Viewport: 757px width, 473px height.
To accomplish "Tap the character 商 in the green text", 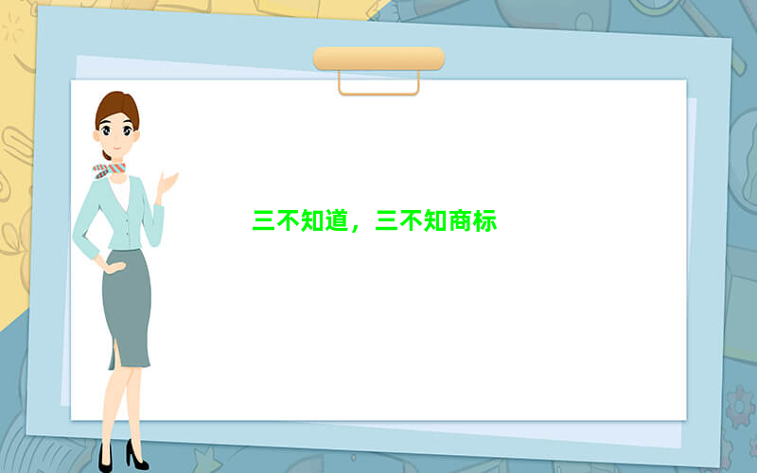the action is [x=461, y=220].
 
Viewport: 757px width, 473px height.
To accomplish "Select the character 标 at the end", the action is [x=485, y=220].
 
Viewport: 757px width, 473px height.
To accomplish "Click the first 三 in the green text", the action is [x=264, y=220].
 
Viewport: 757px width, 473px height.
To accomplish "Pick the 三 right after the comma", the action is [x=387, y=220].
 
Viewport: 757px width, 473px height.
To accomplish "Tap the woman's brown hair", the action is [x=116, y=109].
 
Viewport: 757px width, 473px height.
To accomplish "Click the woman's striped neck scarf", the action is [x=109, y=170].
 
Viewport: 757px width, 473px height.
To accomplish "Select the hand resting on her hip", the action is [x=114, y=267].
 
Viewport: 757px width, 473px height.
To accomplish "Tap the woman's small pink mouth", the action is [x=116, y=148].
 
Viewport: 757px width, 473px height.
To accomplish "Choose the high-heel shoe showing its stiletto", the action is [x=136, y=455].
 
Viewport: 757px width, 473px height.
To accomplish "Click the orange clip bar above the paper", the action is [x=379, y=59].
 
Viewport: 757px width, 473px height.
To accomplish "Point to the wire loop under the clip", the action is [x=379, y=93].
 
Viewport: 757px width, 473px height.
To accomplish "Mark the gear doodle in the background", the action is [x=739, y=407].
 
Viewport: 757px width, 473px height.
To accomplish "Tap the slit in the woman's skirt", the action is [x=114, y=353].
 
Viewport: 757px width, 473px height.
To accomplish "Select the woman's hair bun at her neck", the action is [x=107, y=155].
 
